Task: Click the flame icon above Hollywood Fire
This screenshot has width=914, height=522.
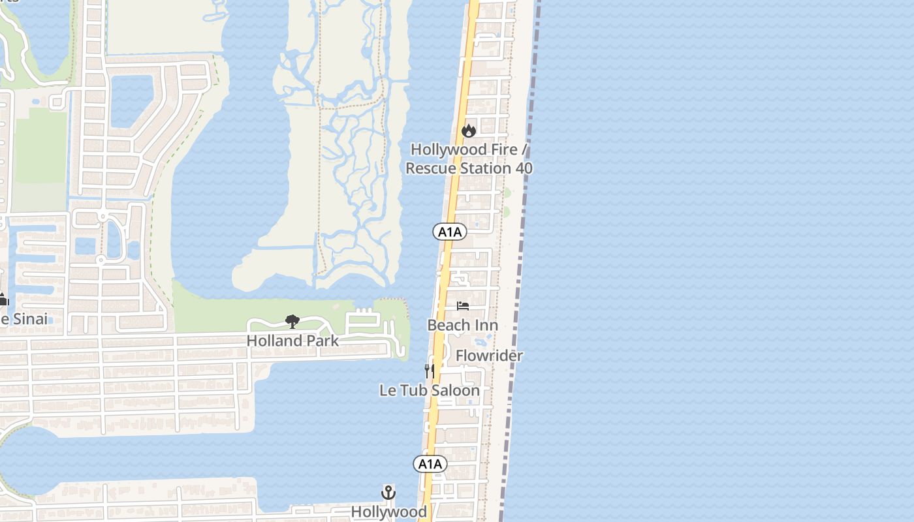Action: [468, 131]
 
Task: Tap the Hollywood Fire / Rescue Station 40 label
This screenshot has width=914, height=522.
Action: [469, 159]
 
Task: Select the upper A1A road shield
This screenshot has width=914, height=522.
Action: [449, 232]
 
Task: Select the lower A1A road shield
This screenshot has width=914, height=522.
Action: [430, 464]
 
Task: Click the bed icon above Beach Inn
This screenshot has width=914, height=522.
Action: [463, 306]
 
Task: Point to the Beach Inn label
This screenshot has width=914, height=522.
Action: [462, 325]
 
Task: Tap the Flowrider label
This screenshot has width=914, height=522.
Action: [489, 356]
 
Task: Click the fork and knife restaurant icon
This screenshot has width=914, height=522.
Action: [430, 371]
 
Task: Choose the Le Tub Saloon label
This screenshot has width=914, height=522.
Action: [430, 390]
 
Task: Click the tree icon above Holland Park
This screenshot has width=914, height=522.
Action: [292, 321]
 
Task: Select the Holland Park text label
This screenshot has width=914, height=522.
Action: [292, 341]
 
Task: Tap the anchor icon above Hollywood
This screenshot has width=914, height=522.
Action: [388, 493]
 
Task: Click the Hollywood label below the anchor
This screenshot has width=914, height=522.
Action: [389, 512]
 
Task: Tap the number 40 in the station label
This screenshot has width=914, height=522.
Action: [523, 168]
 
